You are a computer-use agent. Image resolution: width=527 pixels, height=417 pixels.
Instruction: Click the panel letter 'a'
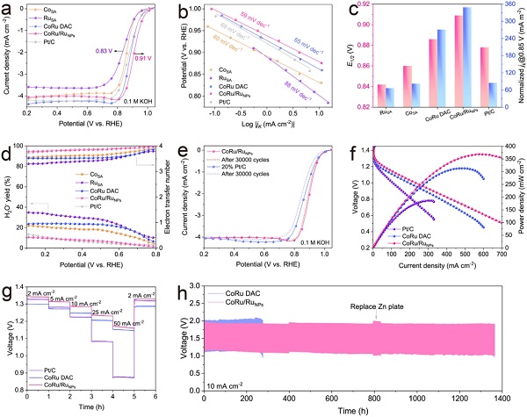coord(9,10)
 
